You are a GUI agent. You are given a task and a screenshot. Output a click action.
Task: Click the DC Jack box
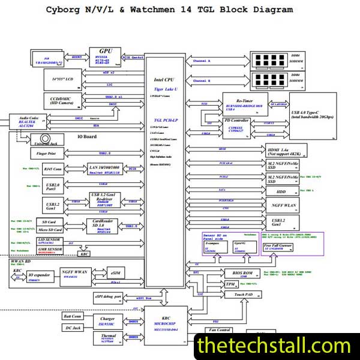[x=74, y=328]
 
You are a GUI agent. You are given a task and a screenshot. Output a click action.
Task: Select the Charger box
[x=109, y=320]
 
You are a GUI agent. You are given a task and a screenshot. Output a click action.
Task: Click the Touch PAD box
[x=244, y=295]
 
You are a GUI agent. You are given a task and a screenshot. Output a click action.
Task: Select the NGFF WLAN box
[x=283, y=206]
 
